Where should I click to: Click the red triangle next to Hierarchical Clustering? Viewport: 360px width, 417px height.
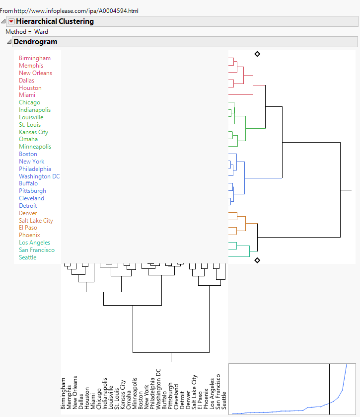(11, 21)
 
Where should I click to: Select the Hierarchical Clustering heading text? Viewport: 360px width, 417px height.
(55, 21)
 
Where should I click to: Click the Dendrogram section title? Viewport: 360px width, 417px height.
(35, 42)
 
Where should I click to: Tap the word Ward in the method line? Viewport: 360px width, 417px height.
(41, 32)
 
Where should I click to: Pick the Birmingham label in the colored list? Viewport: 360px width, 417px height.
(35, 58)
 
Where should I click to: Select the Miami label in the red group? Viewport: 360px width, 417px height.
(27, 95)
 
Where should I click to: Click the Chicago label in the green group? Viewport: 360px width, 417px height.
(30, 102)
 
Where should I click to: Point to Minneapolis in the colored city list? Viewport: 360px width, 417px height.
(35, 147)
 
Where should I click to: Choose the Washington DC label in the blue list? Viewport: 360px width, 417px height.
(39, 176)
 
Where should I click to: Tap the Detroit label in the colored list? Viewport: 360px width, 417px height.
(28, 206)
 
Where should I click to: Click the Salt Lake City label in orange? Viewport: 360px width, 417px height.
(36, 221)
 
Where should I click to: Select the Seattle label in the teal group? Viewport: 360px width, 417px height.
(28, 257)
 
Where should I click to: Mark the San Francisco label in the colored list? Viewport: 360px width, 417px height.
(37, 250)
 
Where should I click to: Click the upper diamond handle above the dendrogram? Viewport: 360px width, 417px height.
(257, 54)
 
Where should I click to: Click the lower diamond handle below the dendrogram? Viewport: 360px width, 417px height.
(257, 260)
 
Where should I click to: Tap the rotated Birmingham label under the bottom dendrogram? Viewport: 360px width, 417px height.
(64, 393)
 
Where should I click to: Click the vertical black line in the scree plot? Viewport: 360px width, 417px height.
(329, 388)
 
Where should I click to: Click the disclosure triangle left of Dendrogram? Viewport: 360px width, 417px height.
(9, 42)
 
